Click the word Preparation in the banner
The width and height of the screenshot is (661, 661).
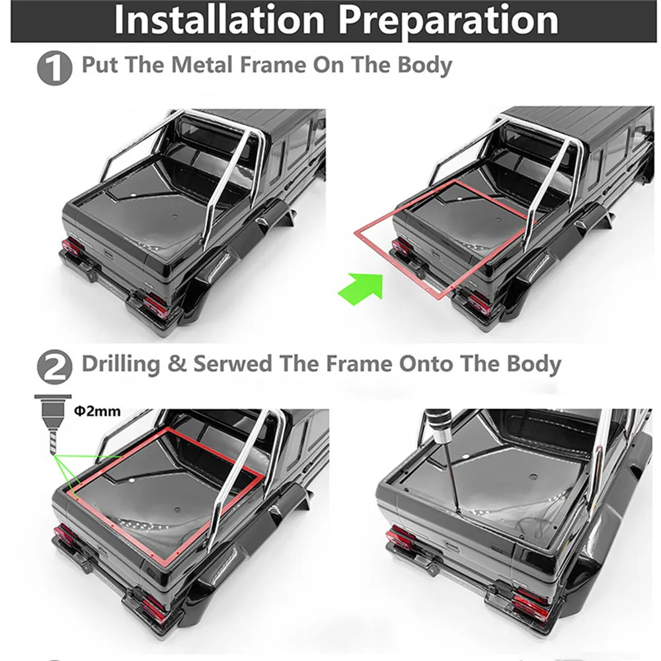click(449, 21)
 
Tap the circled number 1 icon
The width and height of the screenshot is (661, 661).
click(54, 67)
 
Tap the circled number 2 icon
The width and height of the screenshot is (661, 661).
click(54, 366)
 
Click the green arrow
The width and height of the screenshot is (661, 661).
click(362, 288)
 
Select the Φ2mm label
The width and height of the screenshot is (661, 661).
click(97, 410)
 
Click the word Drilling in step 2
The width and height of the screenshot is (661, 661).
click(120, 364)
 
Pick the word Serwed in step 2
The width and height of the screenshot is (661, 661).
click(233, 364)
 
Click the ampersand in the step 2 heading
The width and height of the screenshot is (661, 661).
click(176, 364)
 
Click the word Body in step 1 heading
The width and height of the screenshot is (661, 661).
click(425, 65)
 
